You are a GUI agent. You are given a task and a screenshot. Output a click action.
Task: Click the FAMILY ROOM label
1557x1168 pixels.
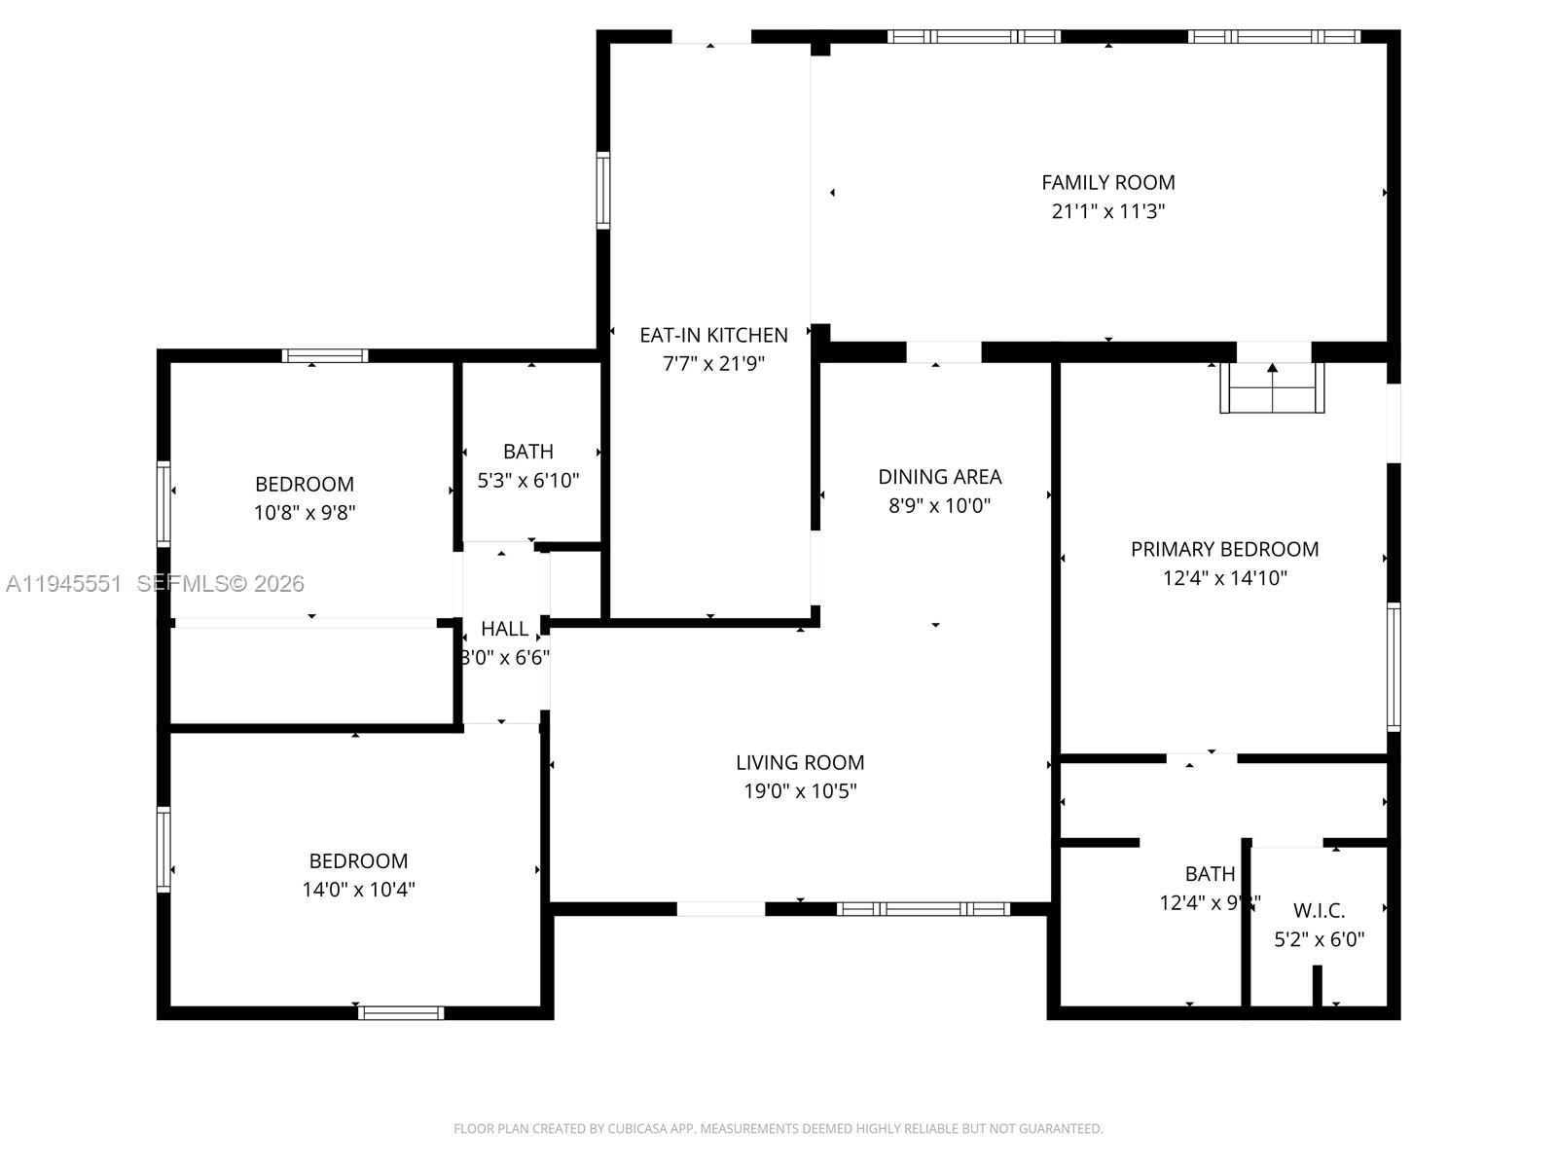click(1107, 182)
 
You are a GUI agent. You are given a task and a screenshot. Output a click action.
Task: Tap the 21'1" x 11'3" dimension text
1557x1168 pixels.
click(1107, 211)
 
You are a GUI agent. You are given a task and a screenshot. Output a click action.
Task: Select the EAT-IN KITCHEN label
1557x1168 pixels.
click(713, 335)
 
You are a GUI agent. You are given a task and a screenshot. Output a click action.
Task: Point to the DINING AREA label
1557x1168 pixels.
click(939, 477)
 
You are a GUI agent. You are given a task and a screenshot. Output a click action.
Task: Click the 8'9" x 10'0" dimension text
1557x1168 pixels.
click(939, 505)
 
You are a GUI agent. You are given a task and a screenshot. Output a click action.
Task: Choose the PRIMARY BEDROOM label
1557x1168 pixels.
click(1224, 549)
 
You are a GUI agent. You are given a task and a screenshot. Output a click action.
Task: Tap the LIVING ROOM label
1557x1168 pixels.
click(800, 762)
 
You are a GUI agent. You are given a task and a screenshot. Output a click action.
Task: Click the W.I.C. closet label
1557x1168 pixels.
click(1319, 911)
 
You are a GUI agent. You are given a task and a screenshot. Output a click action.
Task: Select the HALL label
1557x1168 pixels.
click(504, 629)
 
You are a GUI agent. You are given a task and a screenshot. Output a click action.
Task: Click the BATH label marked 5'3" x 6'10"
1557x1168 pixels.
click(528, 452)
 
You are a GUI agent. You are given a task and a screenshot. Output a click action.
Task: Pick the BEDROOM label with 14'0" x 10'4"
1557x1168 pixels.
click(358, 860)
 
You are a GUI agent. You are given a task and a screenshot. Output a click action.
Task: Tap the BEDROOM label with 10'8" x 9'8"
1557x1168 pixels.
click(304, 484)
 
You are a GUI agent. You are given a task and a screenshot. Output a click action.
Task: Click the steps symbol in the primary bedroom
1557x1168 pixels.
click(1272, 387)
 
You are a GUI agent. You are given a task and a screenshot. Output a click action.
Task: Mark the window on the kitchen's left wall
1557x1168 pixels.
click(603, 191)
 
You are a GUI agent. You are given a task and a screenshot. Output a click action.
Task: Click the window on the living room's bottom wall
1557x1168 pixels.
click(923, 909)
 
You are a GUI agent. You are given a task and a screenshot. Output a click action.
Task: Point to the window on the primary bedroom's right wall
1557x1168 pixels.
click(1394, 667)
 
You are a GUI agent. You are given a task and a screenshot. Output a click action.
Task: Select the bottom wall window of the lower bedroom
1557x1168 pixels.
click(401, 1013)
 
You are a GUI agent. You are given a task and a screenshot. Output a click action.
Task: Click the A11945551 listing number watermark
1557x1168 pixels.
click(64, 584)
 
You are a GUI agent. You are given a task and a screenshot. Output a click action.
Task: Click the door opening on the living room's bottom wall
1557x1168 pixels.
click(720, 909)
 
